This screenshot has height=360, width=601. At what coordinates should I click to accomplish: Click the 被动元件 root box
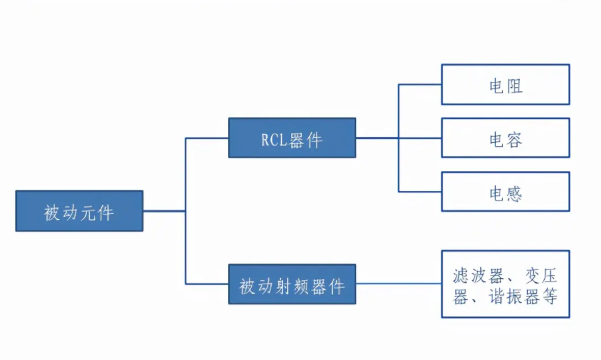79,211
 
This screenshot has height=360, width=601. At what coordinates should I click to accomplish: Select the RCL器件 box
292,138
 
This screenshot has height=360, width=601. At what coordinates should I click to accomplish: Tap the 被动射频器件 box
292,284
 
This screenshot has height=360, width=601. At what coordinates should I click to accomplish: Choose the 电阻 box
505,84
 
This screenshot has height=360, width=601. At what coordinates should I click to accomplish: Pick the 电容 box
505,138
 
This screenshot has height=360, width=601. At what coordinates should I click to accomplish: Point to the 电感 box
505,192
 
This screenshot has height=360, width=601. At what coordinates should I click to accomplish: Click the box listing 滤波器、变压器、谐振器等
505,284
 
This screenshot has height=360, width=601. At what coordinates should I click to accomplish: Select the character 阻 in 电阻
514,86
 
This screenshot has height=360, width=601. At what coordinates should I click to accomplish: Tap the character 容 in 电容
514,139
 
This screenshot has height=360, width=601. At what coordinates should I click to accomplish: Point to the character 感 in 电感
514,193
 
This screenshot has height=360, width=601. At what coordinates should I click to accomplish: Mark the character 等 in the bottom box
549,296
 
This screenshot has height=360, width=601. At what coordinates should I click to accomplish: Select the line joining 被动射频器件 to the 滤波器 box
398,284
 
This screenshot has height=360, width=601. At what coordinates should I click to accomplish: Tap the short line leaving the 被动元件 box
164,211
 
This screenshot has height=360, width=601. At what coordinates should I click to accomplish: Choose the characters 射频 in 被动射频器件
292,286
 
